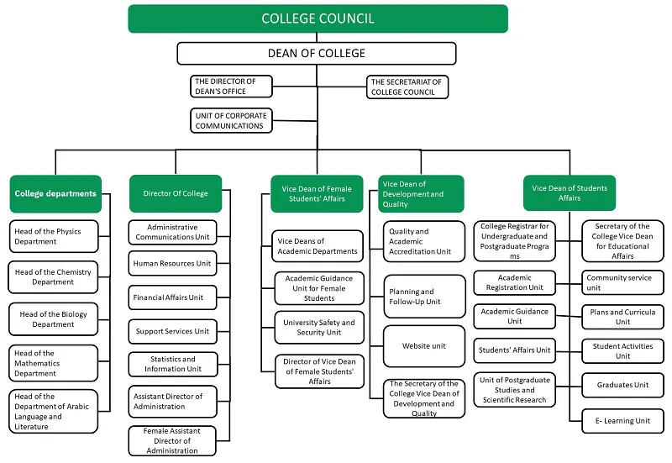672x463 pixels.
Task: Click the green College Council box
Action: click(x=318, y=18)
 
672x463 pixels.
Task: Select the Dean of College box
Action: click(x=317, y=53)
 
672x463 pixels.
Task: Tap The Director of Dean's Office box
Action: click(x=233, y=87)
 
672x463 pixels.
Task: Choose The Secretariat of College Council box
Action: click(x=407, y=87)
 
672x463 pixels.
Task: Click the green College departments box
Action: click(x=55, y=193)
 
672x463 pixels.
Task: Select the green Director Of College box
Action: click(x=175, y=193)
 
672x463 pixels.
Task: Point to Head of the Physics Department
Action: click(x=55, y=236)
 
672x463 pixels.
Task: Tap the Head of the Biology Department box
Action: click(x=55, y=319)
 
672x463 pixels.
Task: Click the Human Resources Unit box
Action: click(x=172, y=264)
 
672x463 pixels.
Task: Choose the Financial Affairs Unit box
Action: click(x=172, y=297)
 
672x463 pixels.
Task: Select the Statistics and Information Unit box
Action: click(x=172, y=364)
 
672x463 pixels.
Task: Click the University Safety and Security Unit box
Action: click(x=319, y=327)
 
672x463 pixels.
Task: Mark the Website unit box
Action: click(x=424, y=345)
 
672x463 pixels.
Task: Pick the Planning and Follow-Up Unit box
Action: click(x=424, y=297)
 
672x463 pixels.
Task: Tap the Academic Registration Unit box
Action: click(x=514, y=281)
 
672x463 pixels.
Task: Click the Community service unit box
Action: click(x=622, y=281)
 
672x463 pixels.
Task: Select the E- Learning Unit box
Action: click(x=622, y=420)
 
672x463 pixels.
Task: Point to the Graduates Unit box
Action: click(x=622, y=385)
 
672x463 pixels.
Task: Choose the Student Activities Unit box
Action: click(x=622, y=350)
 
